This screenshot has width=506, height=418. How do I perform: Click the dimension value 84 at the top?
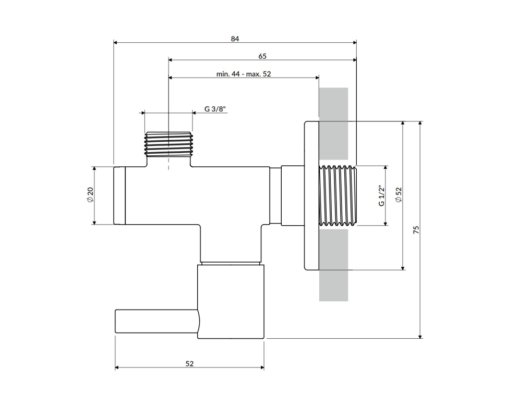pos(235,39)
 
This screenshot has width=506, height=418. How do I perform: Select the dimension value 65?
pos(262,56)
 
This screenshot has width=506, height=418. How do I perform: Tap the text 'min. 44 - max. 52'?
pos(244,74)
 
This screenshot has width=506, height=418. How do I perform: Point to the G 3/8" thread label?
pos(215,109)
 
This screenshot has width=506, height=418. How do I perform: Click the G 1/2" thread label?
pos(381,195)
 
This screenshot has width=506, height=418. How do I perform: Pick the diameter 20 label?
pos(90,195)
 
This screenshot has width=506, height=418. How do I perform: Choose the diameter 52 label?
pos(399,195)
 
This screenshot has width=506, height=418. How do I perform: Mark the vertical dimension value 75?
pos(416,230)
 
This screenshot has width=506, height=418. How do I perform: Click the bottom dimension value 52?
pos(189,364)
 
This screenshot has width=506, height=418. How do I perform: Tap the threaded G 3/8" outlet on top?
pos(168,143)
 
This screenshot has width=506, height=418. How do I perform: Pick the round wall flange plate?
pos(311,196)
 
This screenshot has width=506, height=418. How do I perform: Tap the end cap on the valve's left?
pos(119,195)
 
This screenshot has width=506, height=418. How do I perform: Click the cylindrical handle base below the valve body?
pos(231,301)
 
